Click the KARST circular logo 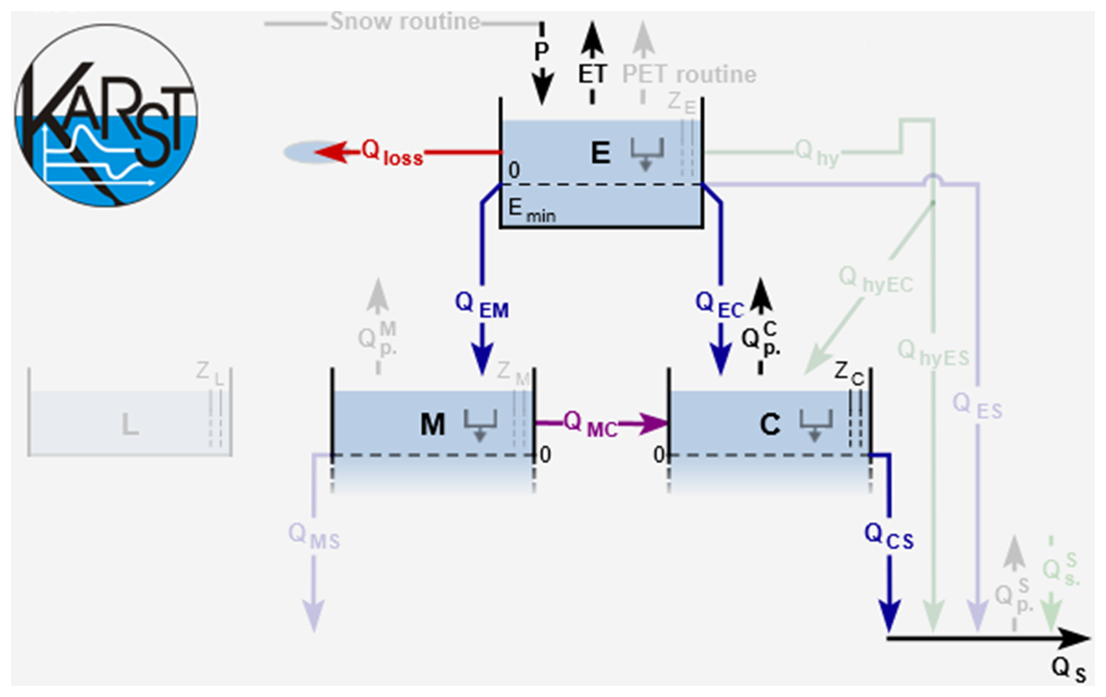(x=106, y=115)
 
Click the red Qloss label (x=392, y=153)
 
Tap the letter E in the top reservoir (x=600, y=153)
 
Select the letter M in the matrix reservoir (x=433, y=425)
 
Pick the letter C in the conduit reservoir (x=770, y=425)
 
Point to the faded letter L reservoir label (x=130, y=425)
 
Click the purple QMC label (x=589, y=425)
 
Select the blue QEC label (x=719, y=305)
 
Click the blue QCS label (x=888, y=536)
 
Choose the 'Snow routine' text (x=405, y=22)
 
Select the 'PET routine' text (x=689, y=75)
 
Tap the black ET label (x=592, y=75)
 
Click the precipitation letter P (x=541, y=51)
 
